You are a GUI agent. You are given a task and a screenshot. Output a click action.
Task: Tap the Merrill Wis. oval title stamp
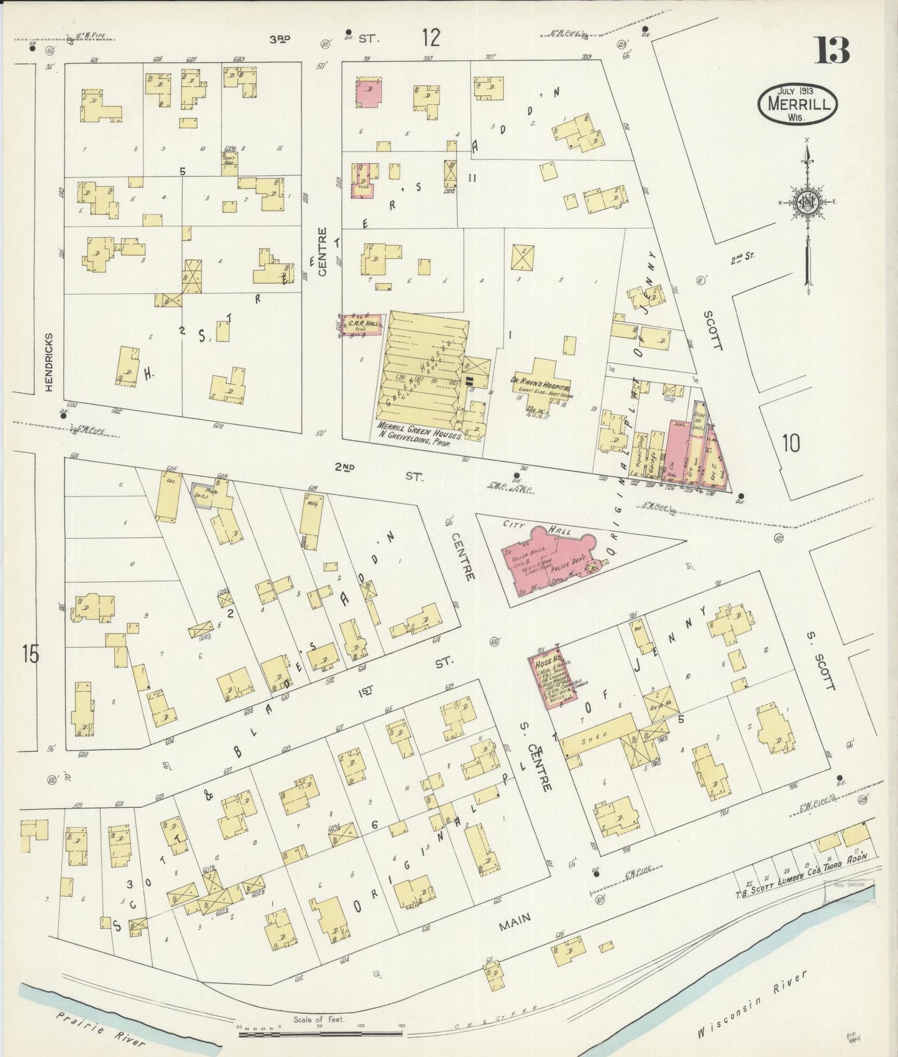797,104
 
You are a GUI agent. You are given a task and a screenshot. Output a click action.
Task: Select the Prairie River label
99,1024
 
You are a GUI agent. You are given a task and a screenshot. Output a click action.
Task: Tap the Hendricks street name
50,361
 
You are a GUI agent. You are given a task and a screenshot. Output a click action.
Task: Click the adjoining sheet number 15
29,654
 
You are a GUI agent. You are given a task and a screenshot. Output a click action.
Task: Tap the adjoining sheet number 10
791,443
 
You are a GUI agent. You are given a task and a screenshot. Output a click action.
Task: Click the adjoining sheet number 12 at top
430,38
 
